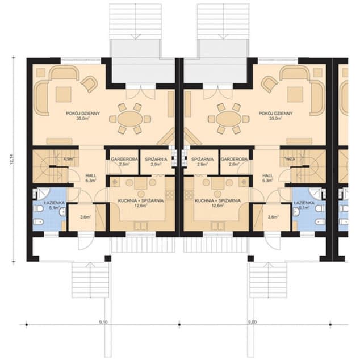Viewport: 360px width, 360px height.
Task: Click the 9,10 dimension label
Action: [103, 321]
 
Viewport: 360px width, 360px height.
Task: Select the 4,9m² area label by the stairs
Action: [69, 160]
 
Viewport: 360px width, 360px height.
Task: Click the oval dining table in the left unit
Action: [131, 119]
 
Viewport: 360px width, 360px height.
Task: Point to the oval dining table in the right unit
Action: [228, 119]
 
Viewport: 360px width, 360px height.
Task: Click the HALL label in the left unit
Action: [88, 176]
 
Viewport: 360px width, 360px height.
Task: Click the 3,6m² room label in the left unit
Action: [85, 217]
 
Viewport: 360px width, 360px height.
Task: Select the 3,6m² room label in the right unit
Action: [273, 217]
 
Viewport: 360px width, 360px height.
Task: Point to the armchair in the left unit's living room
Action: [89, 85]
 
